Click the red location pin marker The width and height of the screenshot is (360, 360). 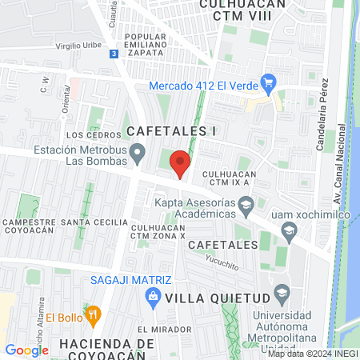pos(181,162)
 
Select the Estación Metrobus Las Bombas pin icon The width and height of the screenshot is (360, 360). pos(138,151)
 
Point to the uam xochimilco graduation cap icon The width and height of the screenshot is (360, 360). pos(289,232)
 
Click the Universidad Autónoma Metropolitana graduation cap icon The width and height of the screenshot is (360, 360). pos(281,292)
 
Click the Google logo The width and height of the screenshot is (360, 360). pos(26,350)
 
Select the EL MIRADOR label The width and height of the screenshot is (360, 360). pos(162,330)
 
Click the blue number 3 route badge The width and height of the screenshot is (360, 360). pos(114,53)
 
